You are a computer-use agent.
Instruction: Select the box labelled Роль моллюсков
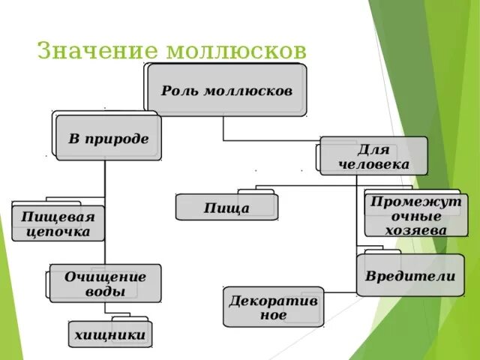[x=226, y=90]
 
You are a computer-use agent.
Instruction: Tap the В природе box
[x=109, y=138]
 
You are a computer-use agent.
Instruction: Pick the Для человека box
[x=373, y=155]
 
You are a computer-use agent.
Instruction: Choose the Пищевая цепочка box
[x=58, y=224]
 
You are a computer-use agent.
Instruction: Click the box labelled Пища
[x=226, y=207]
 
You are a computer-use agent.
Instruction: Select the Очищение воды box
[x=105, y=283]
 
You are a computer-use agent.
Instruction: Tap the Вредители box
[x=410, y=275]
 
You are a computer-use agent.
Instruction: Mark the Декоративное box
[x=273, y=307]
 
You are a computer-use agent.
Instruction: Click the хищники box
[x=109, y=335]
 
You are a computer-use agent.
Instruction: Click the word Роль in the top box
[x=178, y=90]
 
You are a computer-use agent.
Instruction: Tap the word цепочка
[x=58, y=232]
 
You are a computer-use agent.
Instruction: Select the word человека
[x=373, y=163]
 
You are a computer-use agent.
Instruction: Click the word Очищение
[x=105, y=276]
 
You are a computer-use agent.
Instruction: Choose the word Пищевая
[x=58, y=217]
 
